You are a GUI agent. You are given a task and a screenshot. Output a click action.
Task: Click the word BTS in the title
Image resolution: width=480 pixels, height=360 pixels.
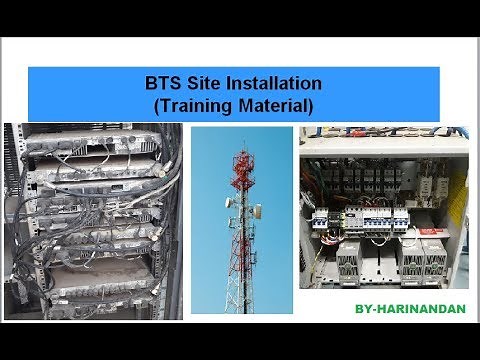pyautogui.click(x=161, y=83)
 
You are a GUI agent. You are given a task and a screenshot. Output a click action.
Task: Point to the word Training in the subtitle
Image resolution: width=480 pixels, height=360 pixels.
pyautogui.click(x=191, y=102)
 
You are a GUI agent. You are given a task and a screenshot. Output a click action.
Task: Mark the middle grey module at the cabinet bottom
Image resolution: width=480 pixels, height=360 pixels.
pyautogui.click(x=411, y=263)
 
